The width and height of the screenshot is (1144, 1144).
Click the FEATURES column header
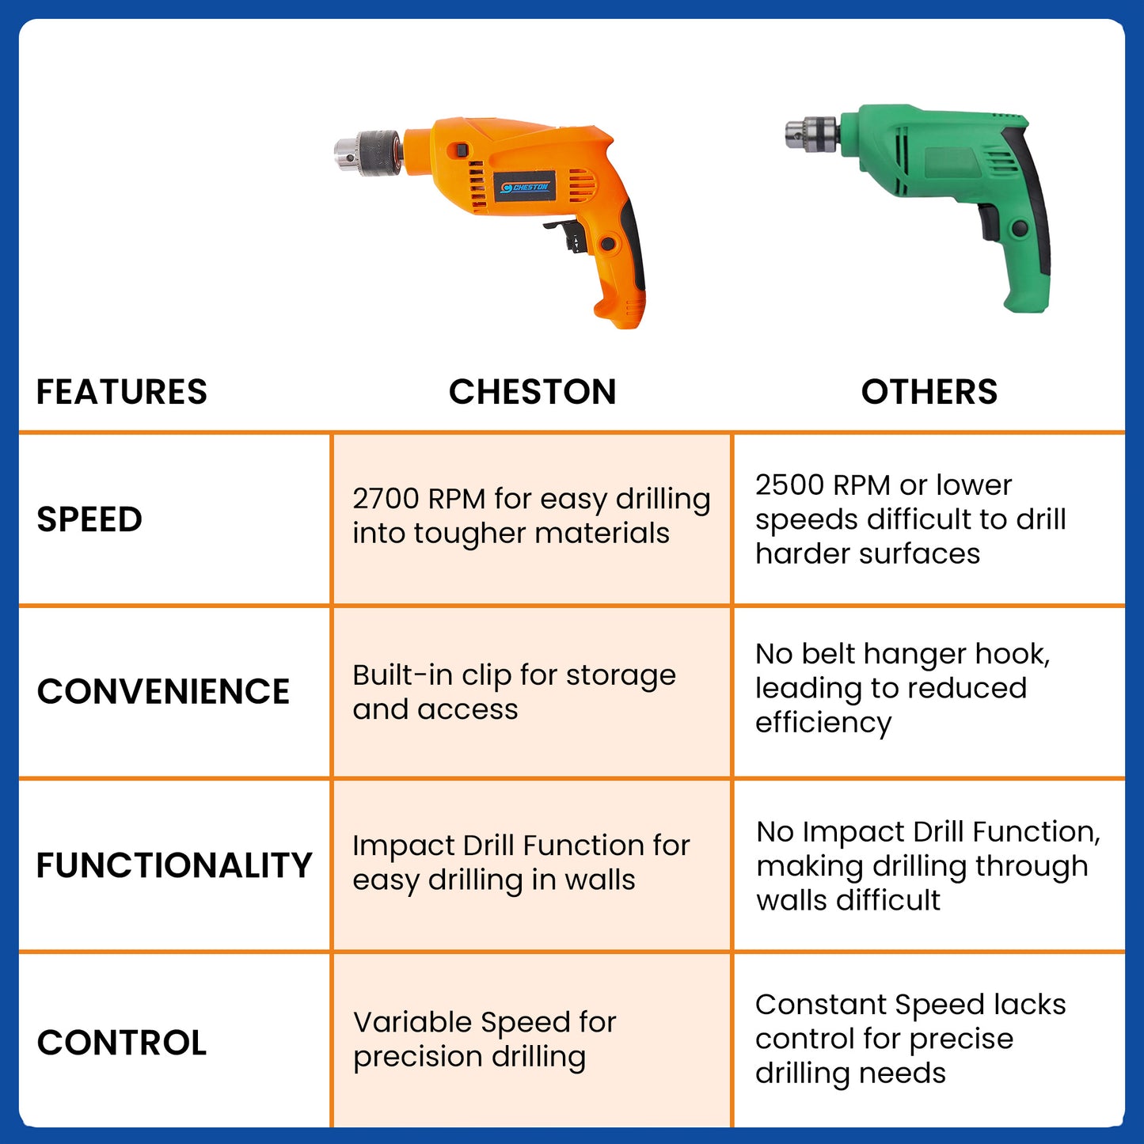pyautogui.click(x=122, y=392)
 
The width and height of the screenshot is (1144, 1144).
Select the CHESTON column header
pyautogui.click(x=533, y=392)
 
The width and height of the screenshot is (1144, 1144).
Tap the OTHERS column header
pyautogui.click(x=929, y=392)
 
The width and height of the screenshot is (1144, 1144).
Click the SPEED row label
pyautogui.click(x=89, y=519)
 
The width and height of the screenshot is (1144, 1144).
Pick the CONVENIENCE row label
pyautogui.click(x=163, y=691)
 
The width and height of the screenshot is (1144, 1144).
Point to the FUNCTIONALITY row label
pyautogui.click(x=174, y=865)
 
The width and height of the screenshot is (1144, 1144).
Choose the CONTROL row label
pyautogui.click(x=122, y=1043)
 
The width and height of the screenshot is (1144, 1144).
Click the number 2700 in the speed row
pyautogui.click(x=386, y=499)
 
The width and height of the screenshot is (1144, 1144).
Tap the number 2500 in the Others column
pyautogui.click(x=789, y=485)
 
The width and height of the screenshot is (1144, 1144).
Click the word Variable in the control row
pyautogui.click(x=412, y=1022)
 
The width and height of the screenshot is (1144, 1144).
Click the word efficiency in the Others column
pyautogui.click(x=823, y=724)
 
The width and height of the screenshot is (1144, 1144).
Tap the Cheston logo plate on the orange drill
pyautogui.click(x=524, y=187)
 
